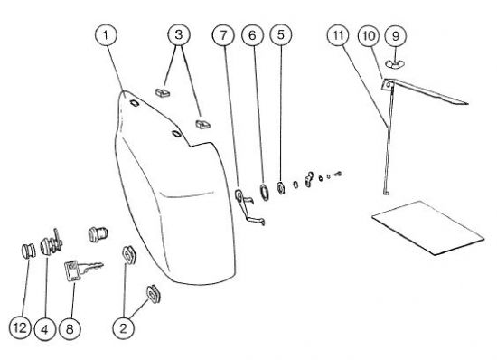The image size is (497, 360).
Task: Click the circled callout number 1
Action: click(x=106, y=35)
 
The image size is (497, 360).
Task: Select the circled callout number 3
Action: click(x=179, y=34)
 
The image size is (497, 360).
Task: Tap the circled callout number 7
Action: click(x=223, y=35)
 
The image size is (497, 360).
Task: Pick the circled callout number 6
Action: click(x=252, y=35)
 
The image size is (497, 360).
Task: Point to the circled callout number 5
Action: click(x=281, y=34)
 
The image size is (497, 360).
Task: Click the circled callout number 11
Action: click(x=338, y=35)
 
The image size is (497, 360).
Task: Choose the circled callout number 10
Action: click(x=369, y=35)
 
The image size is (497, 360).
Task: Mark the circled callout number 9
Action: click(x=396, y=36)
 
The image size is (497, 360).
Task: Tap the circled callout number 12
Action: click(x=20, y=327)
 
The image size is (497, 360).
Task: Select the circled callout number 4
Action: click(x=44, y=329)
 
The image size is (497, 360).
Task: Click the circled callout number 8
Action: click(x=70, y=329)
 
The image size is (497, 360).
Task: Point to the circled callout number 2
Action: click(x=123, y=328)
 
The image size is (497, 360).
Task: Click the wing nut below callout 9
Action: click(x=395, y=63)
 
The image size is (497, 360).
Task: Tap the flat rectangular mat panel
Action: click(x=428, y=227)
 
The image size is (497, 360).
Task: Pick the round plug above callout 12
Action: click(x=29, y=251)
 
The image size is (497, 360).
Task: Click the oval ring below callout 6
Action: click(x=264, y=192)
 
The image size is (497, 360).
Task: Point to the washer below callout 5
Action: click(x=280, y=187)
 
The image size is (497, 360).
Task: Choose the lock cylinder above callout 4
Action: click(x=52, y=243)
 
